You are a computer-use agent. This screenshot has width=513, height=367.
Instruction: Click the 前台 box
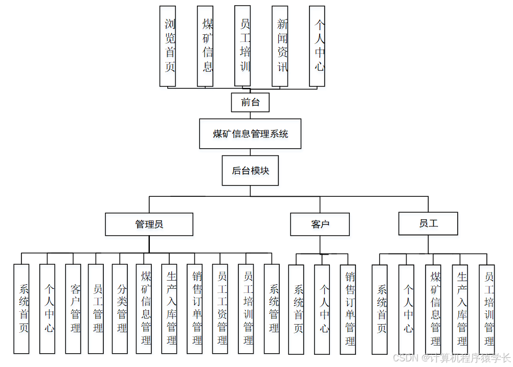[x=250, y=102]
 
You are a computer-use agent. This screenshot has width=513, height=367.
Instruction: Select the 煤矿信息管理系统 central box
[x=250, y=134]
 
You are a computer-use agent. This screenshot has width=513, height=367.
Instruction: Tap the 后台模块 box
[x=250, y=171]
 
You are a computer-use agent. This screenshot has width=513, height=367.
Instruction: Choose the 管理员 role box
[x=149, y=224]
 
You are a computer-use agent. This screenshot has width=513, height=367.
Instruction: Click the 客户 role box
[x=320, y=224]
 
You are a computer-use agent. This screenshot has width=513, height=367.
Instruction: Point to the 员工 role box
[x=428, y=223]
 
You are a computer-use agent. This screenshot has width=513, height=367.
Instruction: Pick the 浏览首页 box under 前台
[x=168, y=46]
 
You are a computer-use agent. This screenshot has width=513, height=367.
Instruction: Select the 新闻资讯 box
[x=280, y=46]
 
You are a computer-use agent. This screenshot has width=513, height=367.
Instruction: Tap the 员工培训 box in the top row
[x=242, y=46]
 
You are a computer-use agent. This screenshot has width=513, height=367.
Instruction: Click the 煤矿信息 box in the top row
[x=205, y=46]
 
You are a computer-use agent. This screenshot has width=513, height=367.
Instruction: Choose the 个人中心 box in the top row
[x=317, y=46]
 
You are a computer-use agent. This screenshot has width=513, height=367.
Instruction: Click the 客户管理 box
[x=73, y=309]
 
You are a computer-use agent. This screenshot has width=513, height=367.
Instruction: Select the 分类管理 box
[x=120, y=309]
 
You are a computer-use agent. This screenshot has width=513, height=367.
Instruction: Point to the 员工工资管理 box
[x=220, y=309]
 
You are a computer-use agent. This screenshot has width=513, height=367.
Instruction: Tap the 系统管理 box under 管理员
[x=272, y=309]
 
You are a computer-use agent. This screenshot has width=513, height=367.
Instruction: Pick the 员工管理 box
[x=96, y=309]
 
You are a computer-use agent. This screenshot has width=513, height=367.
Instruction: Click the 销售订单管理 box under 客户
[x=348, y=309]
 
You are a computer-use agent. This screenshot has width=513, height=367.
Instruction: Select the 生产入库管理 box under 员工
[x=460, y=309]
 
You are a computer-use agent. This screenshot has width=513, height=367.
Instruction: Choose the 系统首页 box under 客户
[x=296, y=309]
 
